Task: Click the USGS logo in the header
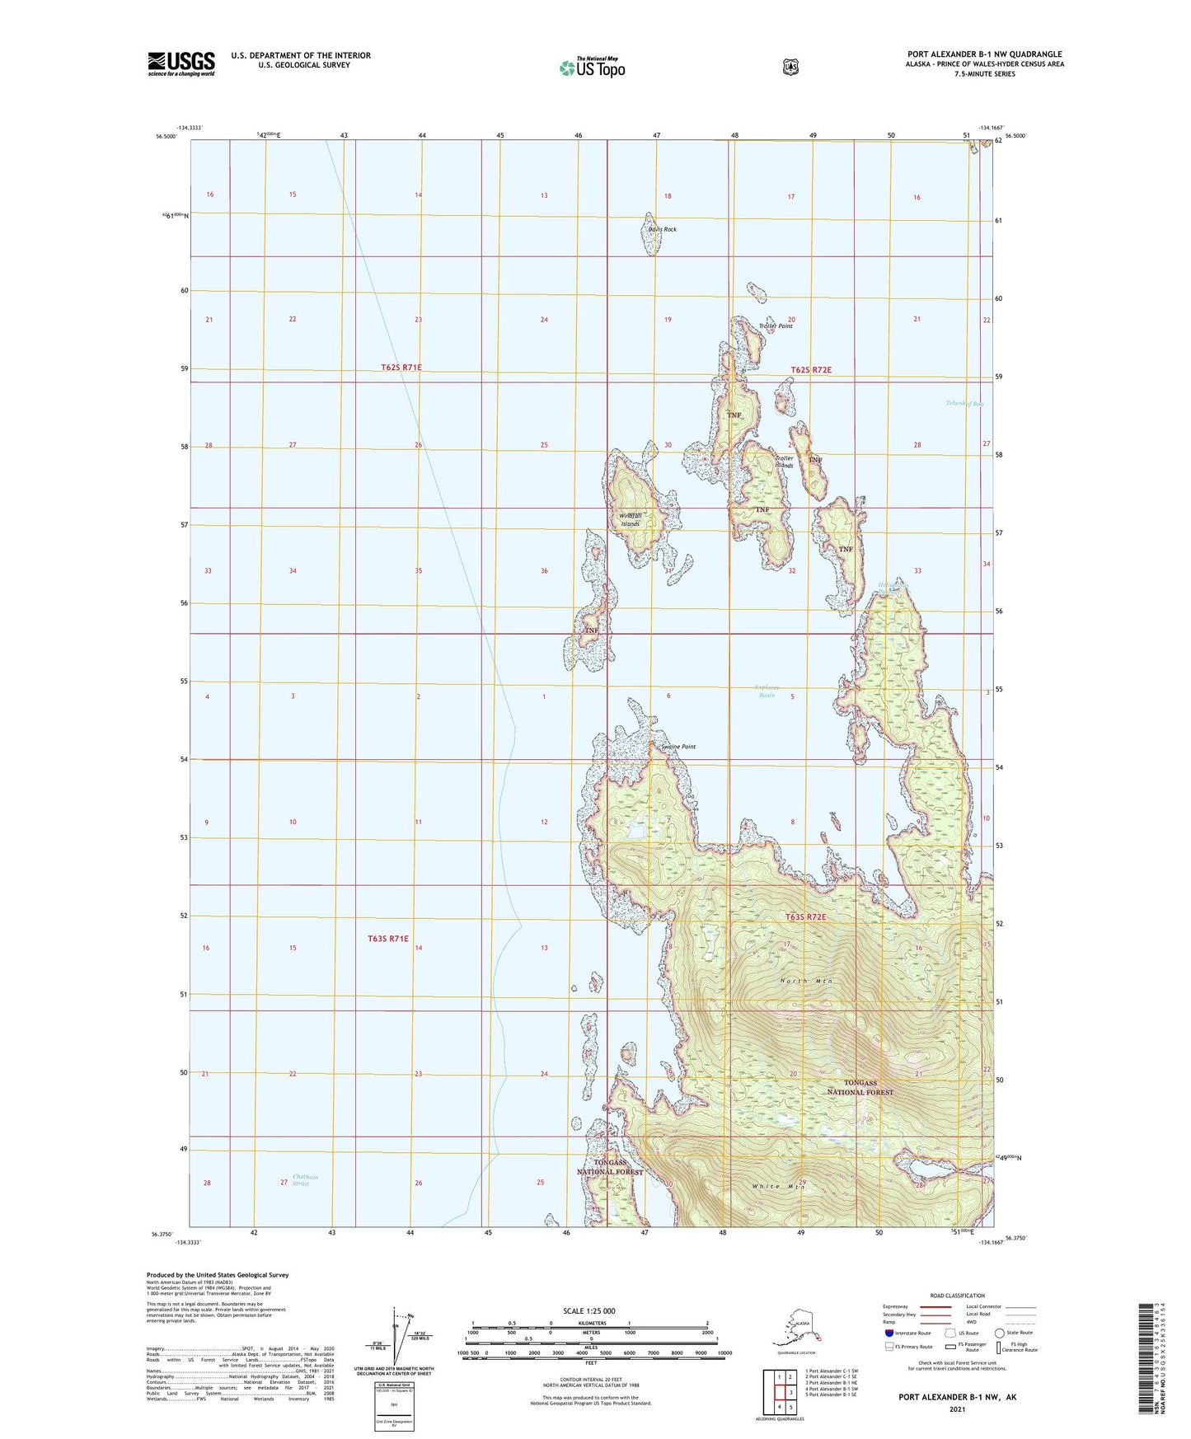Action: pos(181,63)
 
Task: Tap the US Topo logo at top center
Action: pos(592,68)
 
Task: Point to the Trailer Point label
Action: pos(775,326)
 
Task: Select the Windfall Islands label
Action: pos(631,519)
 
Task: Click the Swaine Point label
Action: pos(678,747)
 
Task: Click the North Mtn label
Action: pos(806,981)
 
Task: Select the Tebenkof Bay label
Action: pos(964,404)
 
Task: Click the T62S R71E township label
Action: pos(395,367)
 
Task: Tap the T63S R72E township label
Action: pos(805,916)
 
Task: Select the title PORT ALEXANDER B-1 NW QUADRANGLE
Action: pos(984,54)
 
